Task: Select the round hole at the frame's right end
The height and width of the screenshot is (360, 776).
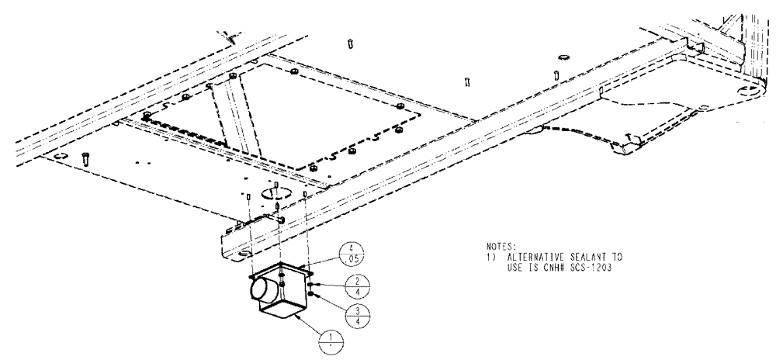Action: pos(747,92)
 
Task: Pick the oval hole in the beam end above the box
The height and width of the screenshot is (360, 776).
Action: pos(244,253)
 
